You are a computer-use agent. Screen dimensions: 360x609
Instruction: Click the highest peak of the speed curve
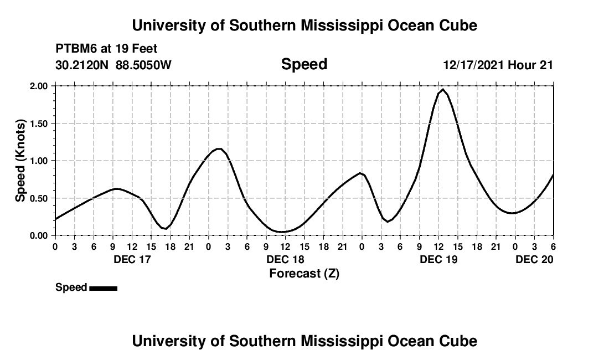click(x=443, y=89)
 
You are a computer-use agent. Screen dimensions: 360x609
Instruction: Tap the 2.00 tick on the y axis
click(x=39, y=86)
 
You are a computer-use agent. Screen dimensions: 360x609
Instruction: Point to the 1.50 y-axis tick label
click(x=39, y=124)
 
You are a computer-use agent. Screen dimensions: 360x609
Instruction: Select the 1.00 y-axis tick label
click(x=39, y=161)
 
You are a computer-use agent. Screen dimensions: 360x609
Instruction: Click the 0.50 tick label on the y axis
click(x=39, y=198)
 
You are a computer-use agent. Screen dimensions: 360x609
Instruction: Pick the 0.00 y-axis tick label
click(x=39, y=236)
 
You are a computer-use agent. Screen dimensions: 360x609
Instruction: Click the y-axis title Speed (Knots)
click(x=20, y=161)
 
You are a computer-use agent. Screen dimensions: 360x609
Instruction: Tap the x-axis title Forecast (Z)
click(x=304, y=274)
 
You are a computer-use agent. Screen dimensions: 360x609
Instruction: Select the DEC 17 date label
click(x=132, y=260)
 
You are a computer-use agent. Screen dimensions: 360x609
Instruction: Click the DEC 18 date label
click(x=285, y=260)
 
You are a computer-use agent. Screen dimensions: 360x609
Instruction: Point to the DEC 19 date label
click(x=438, y=260)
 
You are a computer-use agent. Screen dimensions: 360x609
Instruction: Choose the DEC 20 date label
click(x=534, y=260)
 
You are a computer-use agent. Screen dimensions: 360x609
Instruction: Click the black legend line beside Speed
click(x=103, y=288)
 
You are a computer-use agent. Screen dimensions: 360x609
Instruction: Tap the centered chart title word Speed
click(x=304, y=64)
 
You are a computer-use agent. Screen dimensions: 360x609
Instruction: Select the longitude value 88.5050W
click(x=143, y=65)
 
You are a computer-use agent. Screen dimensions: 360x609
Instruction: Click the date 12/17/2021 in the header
click(x=473, y=65)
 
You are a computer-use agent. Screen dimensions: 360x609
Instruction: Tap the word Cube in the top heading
click(x=458, y=25)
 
